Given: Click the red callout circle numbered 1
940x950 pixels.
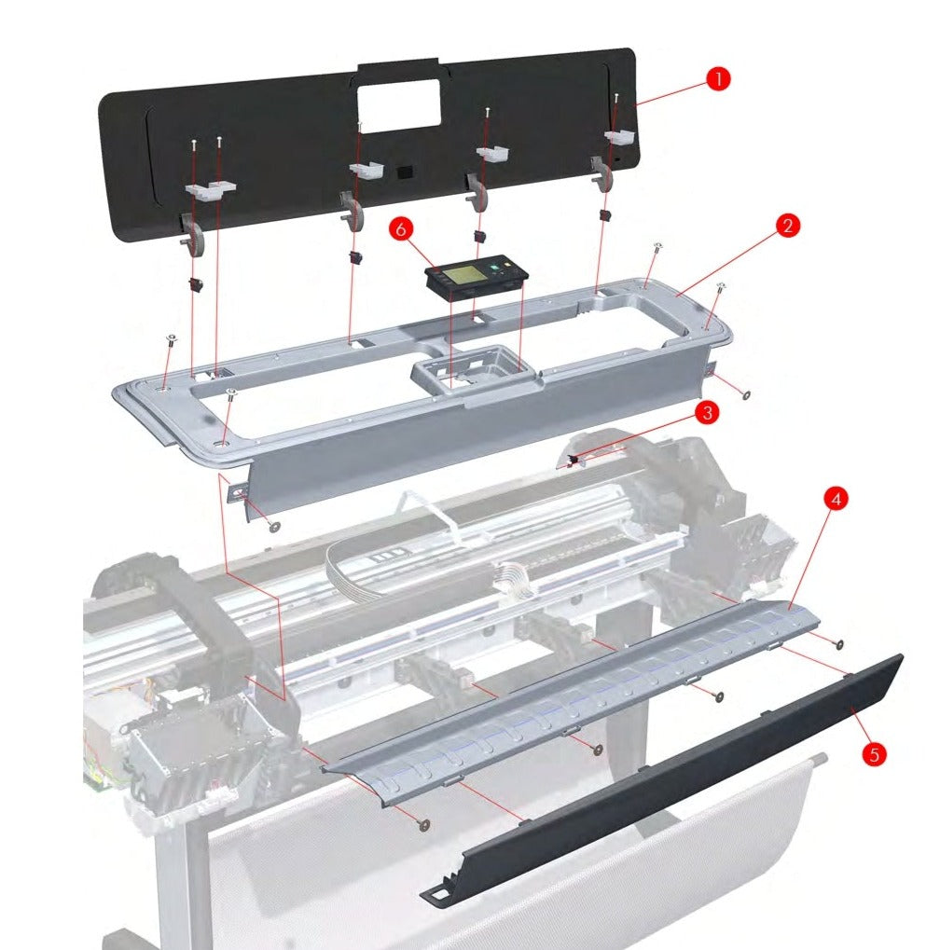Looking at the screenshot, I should coord(716,79).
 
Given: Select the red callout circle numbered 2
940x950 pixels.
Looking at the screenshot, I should coord(788,226).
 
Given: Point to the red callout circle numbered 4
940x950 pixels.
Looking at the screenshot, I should coord(836,499).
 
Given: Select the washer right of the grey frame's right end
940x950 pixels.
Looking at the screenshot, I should coord(747,394).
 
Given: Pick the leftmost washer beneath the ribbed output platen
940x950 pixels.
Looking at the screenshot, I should coord(425,824).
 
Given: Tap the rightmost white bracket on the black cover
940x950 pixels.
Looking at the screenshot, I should coord(618,137).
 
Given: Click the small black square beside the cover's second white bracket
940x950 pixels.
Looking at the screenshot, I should coord(403,172).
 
